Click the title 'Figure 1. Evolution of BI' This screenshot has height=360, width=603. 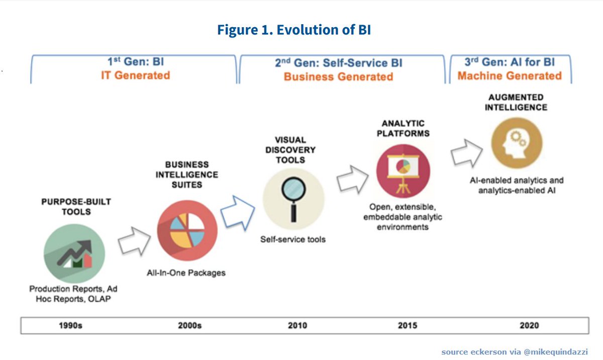(294, 30)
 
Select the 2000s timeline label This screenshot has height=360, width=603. (189, 326)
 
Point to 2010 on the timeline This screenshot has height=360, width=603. (297, 326)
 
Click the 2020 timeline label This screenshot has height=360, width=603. (529, 326)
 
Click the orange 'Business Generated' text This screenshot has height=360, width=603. (338, 77)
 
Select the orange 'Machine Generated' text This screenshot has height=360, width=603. (510, 76)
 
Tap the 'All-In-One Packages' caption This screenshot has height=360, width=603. (186, 273)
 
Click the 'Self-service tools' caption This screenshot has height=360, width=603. (292, 239)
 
